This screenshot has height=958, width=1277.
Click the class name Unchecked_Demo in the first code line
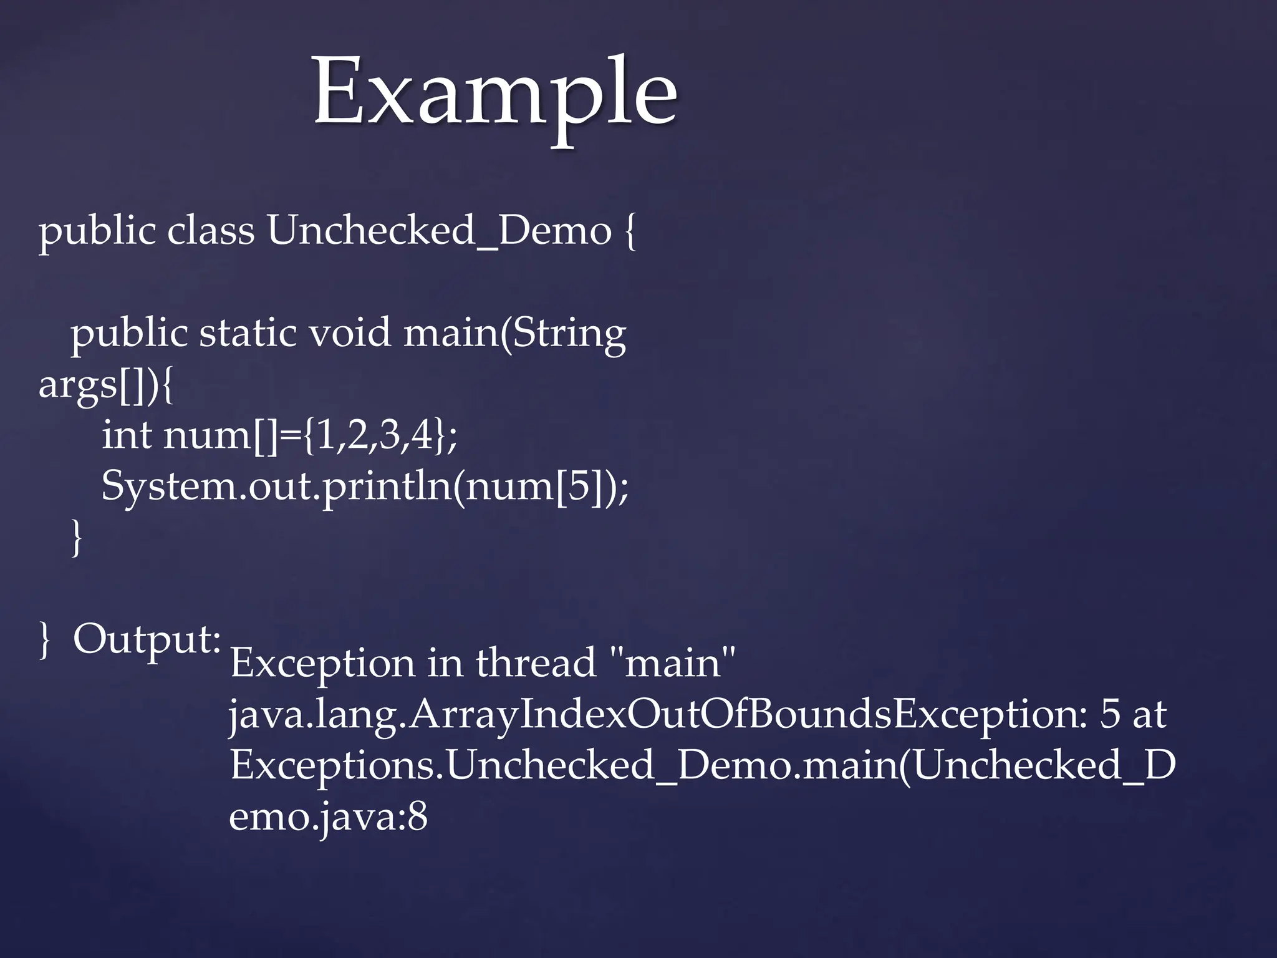point(440,231)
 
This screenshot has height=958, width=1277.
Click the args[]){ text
point(107,385)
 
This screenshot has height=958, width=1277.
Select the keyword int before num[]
point(127,435)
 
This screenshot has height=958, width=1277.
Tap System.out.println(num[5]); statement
point(365,486)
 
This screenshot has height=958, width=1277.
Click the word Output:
point(147,640)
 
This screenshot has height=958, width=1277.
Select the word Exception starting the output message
point(322,664)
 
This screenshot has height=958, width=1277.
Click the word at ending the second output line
point(1149,716)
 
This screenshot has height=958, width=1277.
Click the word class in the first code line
point(211,231)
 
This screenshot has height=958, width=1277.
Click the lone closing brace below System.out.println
point(77,538)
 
